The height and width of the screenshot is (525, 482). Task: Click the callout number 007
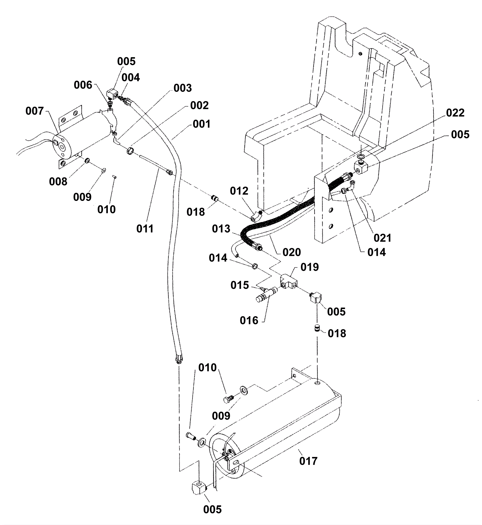tap(35, 111)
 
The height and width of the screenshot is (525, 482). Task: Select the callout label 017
tap(308, 461)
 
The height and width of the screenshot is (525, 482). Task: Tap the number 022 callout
tap(455, 113)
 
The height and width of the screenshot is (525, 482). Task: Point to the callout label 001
tap(202, 124)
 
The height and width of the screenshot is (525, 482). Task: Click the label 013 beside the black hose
tap(221, 229)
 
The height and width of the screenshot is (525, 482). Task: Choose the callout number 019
tap(310, 267)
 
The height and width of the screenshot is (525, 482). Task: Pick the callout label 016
tap(249, 320)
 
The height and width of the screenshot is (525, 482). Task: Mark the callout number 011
tap(145, 229)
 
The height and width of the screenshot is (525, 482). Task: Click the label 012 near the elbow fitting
tap(239, 191)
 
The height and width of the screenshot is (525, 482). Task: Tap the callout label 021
tap(382, 238)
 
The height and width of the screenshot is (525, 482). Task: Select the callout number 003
tap(183, 88)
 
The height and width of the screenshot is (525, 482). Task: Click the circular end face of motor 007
tap(63, 146)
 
